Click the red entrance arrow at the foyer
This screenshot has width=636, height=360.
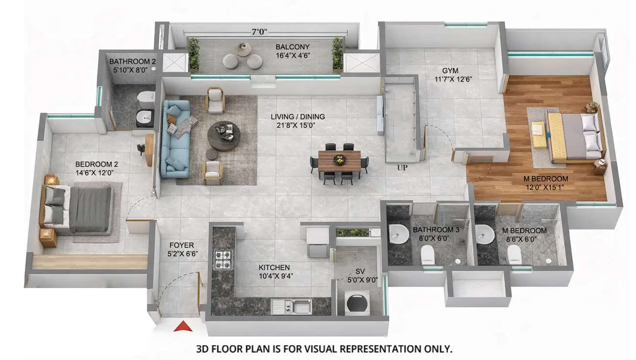point(182,326)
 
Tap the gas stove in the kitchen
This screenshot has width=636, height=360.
point(223,259)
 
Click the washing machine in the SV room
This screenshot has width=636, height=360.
point(355,304)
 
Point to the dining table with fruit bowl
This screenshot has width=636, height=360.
point(339,160)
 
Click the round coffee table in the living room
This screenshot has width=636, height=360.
point(224,135)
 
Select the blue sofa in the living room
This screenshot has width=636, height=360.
point(175,139)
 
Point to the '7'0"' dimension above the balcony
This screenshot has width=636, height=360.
point(259,32)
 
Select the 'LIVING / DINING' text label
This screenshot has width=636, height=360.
point(298,117)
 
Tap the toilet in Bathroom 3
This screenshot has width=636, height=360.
point(427,253)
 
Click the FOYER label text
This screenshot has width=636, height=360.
point(182,245)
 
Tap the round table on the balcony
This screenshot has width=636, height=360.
point(243,49)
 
